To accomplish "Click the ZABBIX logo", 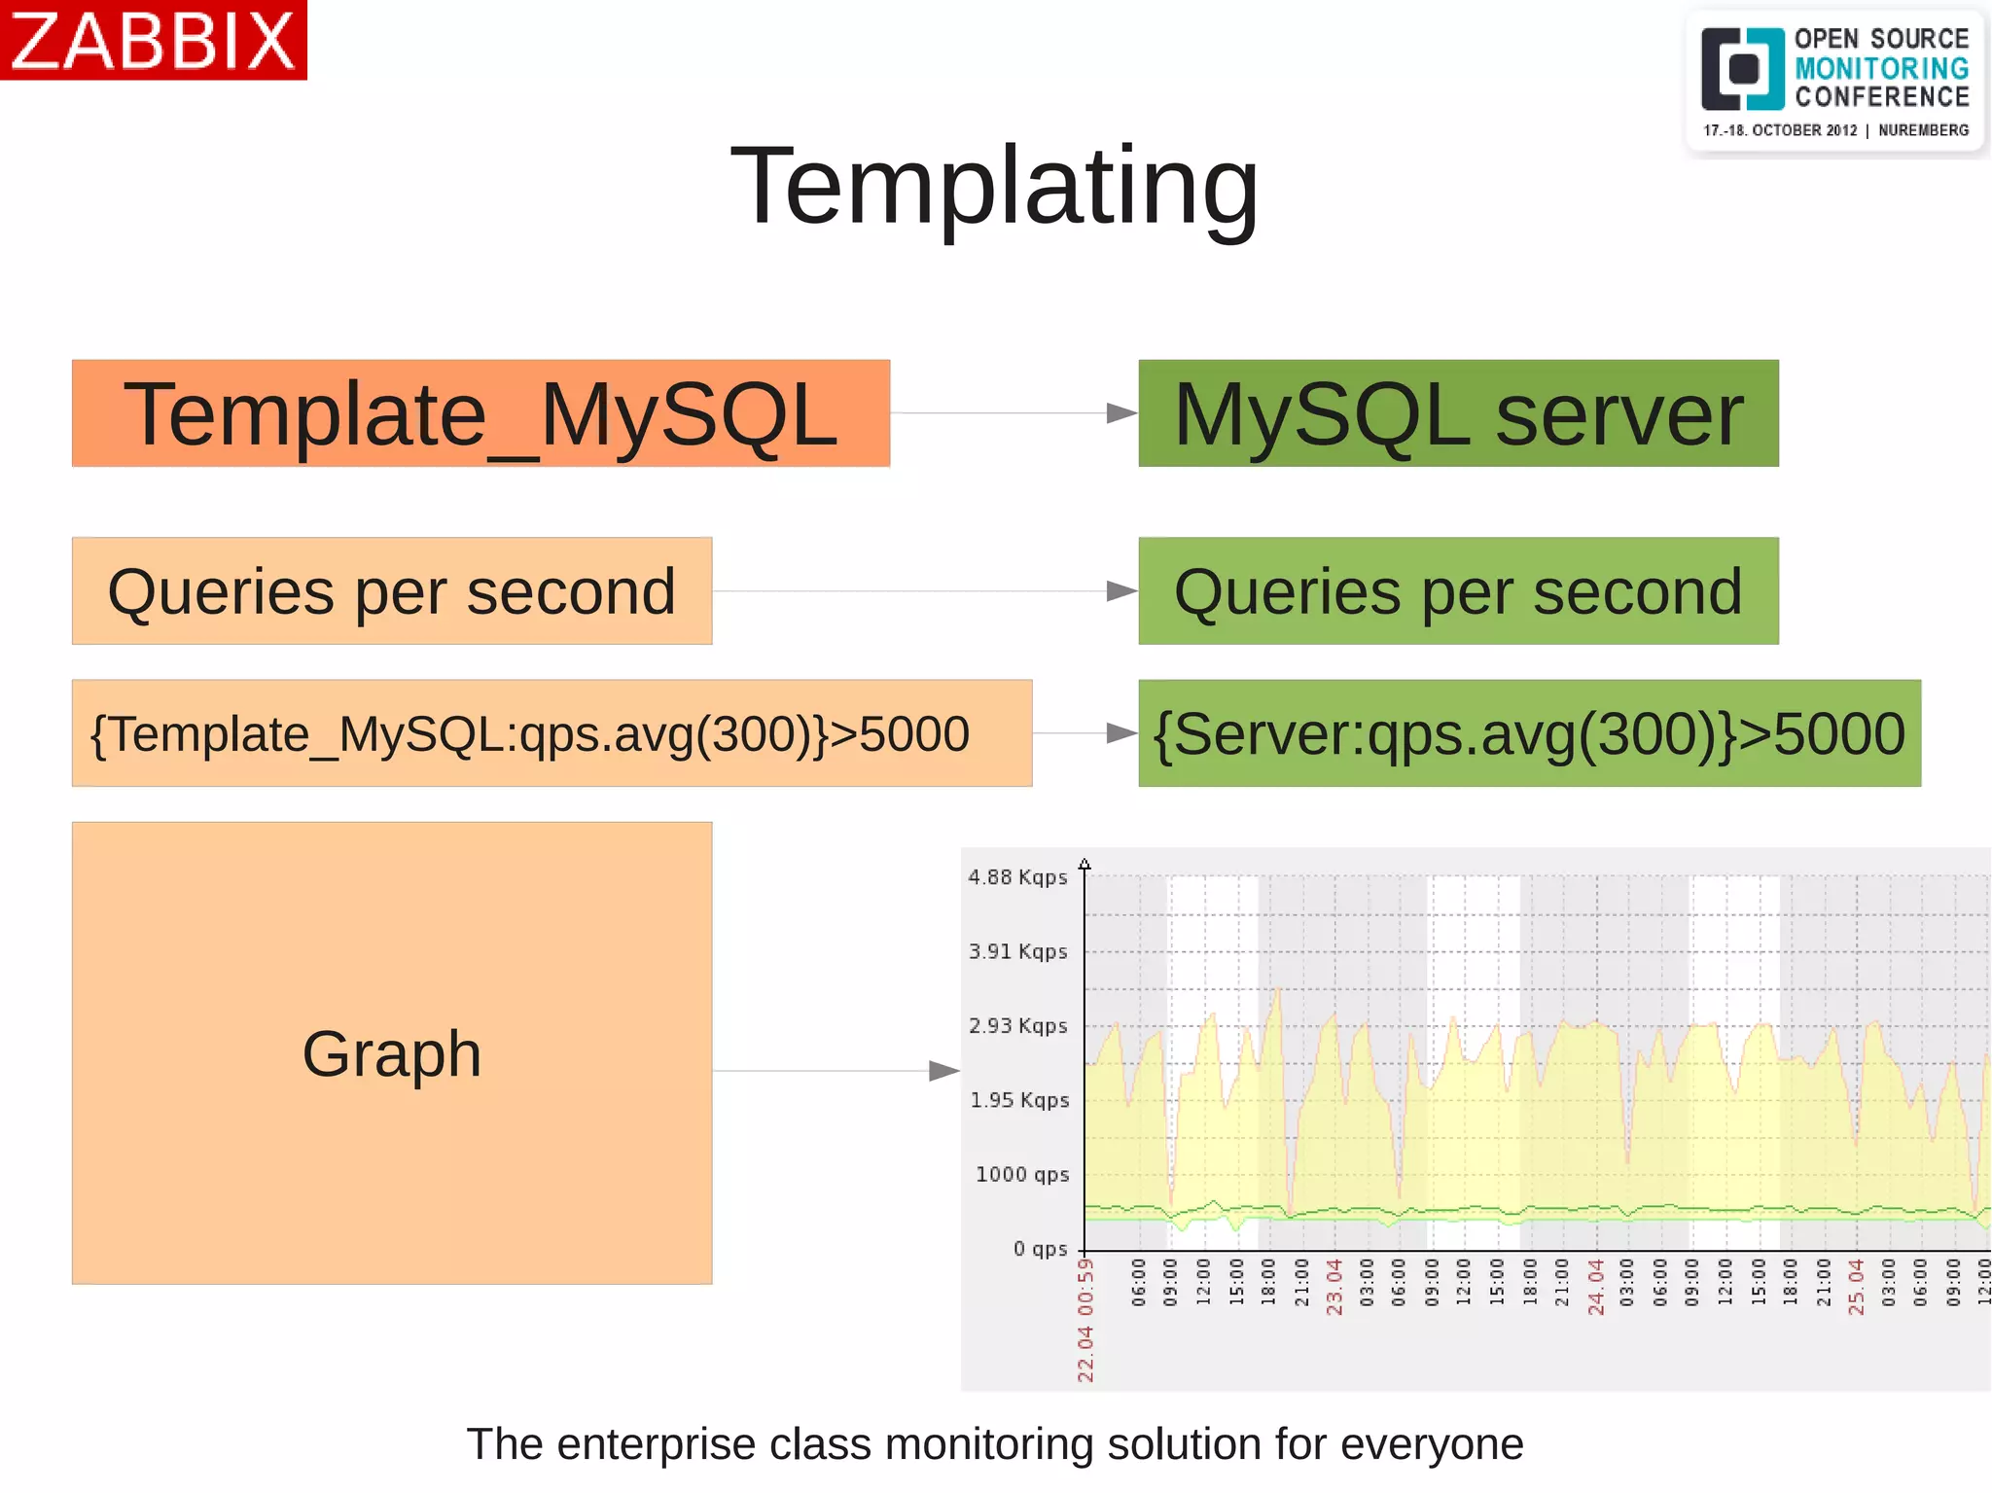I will coord(153,40).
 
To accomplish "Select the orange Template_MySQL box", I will coord(480,413).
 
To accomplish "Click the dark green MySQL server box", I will coord(1458,413).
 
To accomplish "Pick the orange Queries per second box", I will coord(391,591).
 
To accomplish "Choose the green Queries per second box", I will coord(1458,591).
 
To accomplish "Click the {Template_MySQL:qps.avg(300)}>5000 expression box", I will coord(551,733).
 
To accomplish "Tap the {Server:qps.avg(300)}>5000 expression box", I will coord(1529,733).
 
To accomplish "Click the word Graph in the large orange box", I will coord(391,1053).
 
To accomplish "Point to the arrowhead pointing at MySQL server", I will coord(1121,413).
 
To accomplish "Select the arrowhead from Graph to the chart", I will coord(943,1071).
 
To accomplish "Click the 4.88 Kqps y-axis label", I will coord(1017,877).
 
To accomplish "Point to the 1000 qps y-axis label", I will coord(1021,1174).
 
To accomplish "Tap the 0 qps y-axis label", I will coord(1040,1249).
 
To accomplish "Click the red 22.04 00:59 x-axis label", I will coord(1085,1320).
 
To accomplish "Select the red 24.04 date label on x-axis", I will coord(1596,1287).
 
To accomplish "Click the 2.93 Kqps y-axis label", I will coord(1017,1026).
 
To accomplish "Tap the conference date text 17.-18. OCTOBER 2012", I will coord(1779,130).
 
